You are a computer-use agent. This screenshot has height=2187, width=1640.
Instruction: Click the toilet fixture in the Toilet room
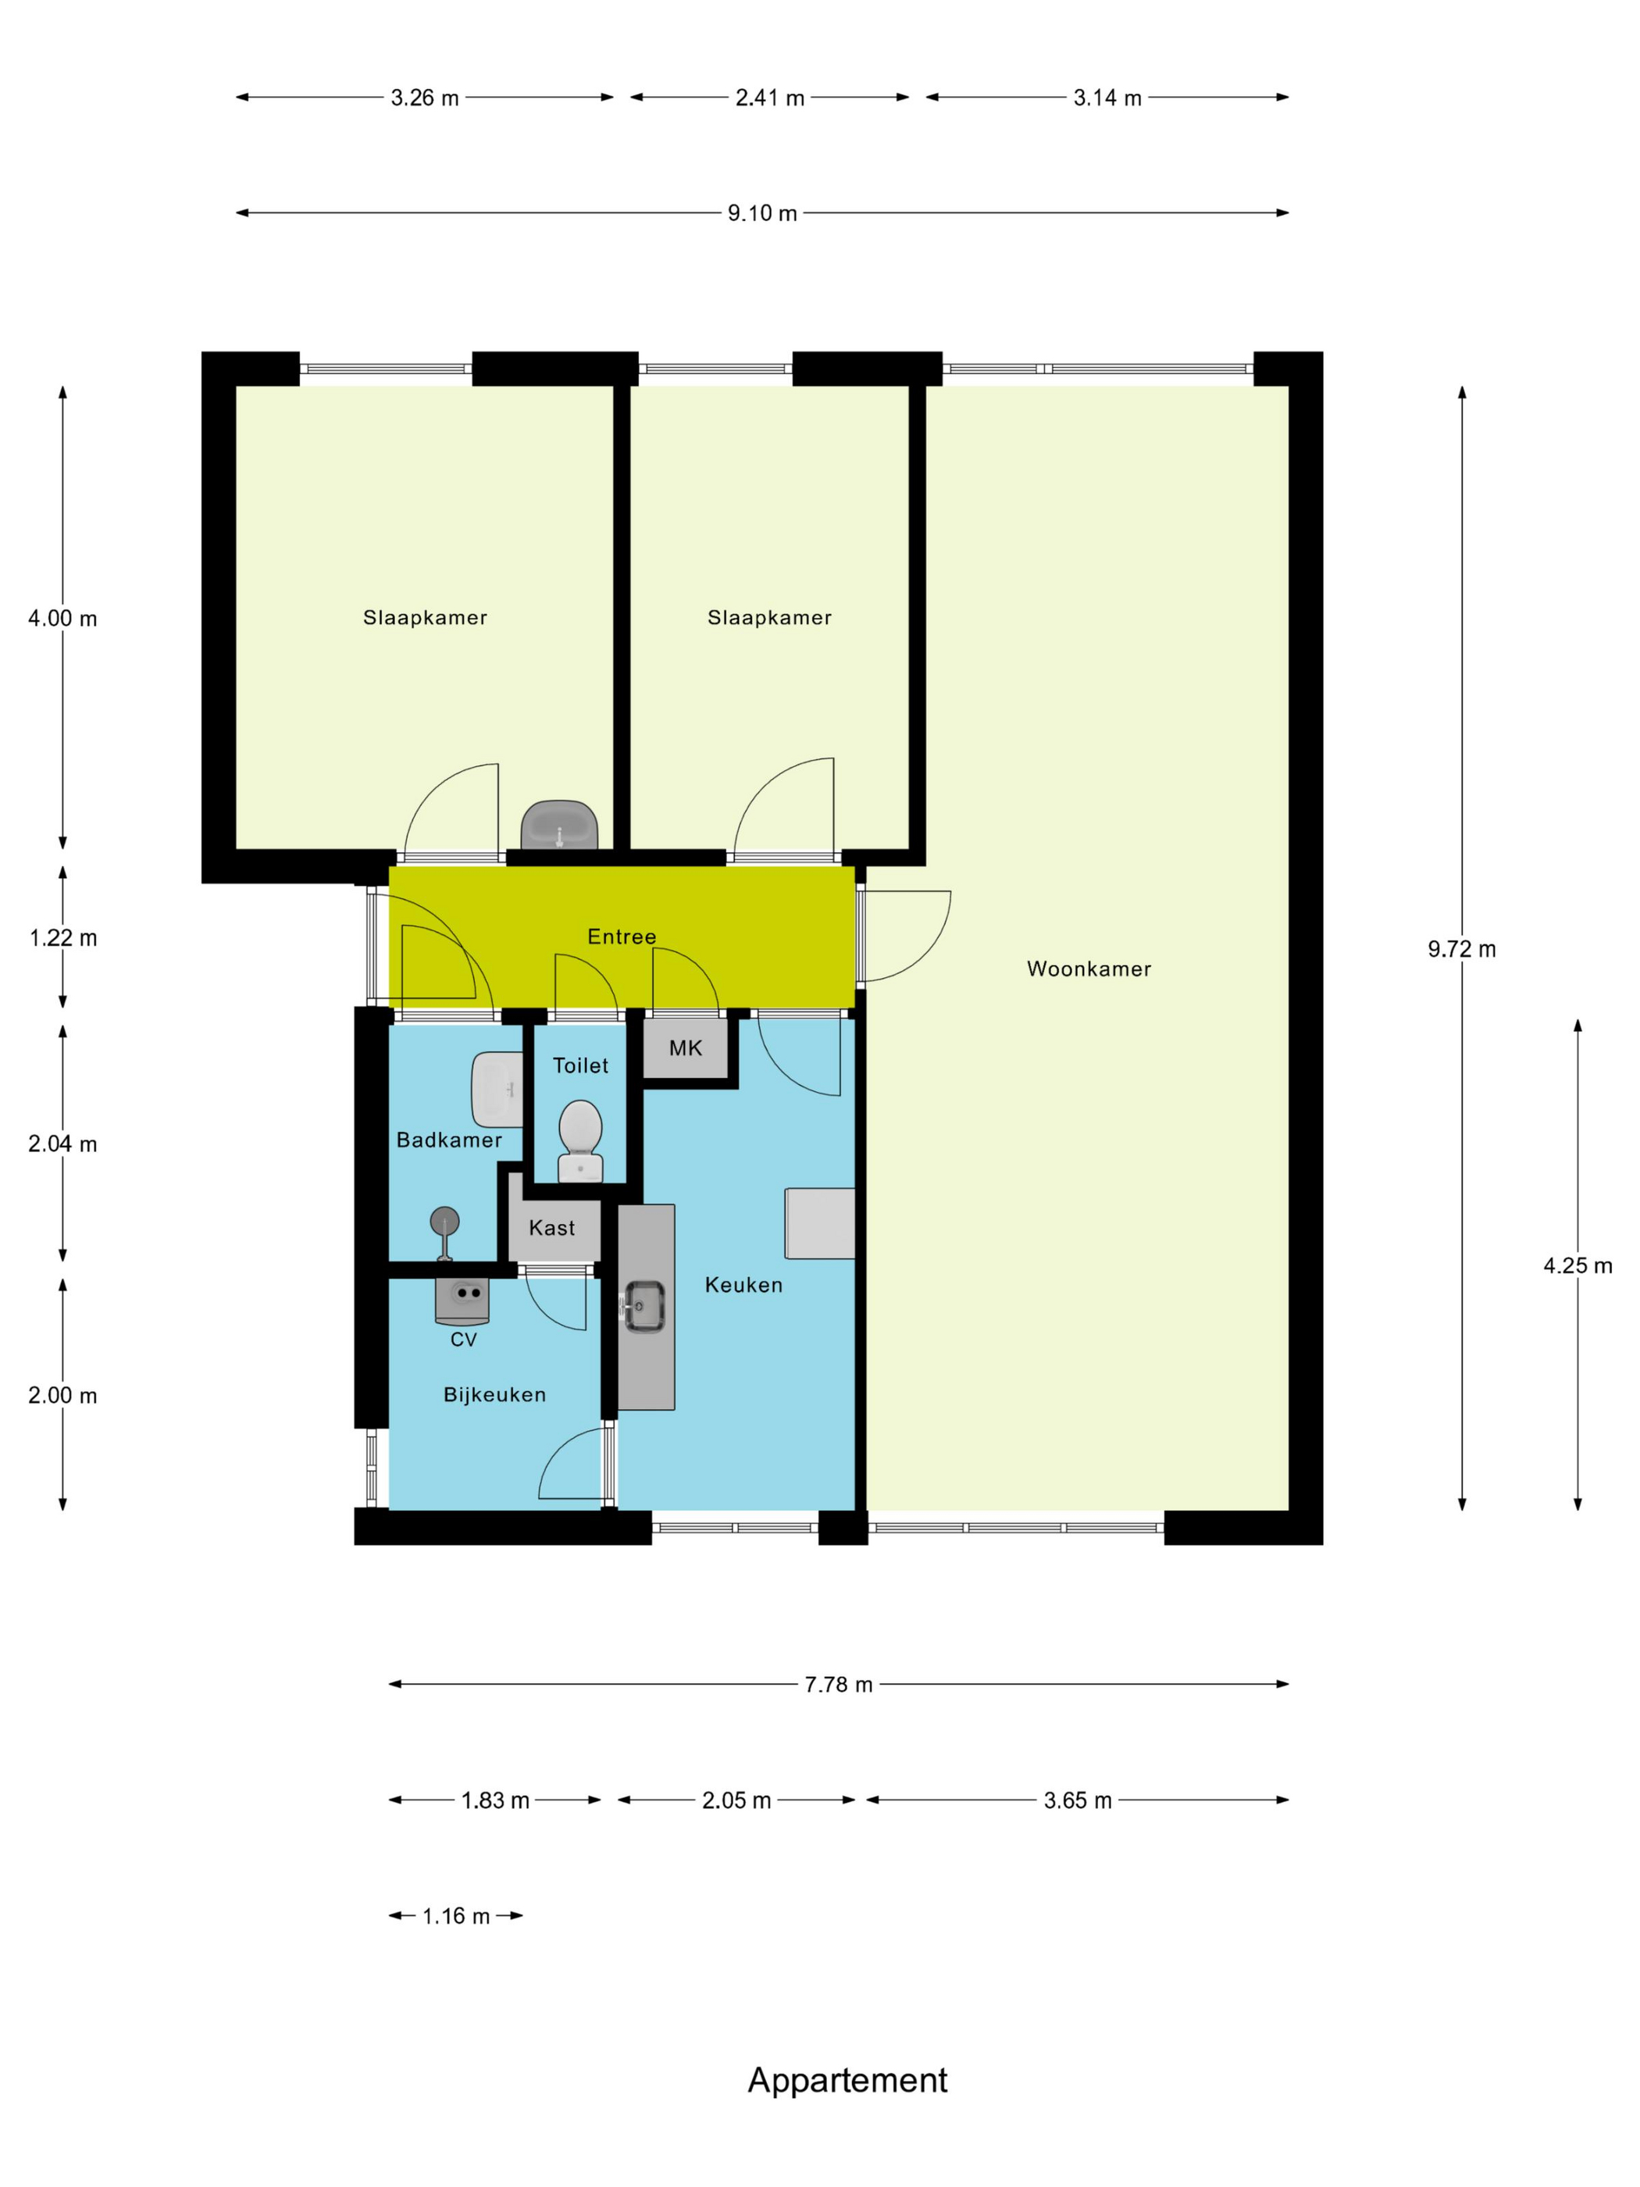(x=580, y=1141)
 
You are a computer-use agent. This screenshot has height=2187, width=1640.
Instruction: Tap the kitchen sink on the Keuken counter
(x=644, y=1306)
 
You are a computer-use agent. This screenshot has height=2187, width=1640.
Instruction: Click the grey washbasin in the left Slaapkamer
(x=559, y=825)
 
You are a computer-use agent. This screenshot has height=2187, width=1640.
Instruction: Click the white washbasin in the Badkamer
(x=497, y=1090)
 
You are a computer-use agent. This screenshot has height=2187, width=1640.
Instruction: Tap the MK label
(x=685, y=1048)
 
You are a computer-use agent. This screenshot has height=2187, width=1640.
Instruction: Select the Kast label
(x=551, y=1228)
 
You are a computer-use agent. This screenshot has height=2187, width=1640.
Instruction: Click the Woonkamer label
(x=1089, y=969)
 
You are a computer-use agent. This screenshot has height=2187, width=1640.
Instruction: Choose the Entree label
(x=622, y=937)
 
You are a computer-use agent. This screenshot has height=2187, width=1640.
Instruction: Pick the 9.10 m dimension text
(x=762, y=212)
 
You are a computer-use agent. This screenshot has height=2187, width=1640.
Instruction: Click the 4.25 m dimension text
(x=1578, y=1265)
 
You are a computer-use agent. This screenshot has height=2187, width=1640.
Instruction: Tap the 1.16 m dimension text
(x=456, y=1916)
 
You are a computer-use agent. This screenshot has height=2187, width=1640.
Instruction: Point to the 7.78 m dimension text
(x=838, y=1684)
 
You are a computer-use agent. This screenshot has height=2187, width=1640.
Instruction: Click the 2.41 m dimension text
(x=769, y=98)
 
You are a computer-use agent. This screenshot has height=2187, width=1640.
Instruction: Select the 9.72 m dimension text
(x=1461, y=949)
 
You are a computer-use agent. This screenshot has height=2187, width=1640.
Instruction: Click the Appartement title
(x=847, y=2080)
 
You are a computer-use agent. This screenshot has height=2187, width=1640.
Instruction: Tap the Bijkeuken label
(x=494, y=1395)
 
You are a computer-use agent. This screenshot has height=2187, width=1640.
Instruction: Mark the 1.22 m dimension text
(x=63, y=937)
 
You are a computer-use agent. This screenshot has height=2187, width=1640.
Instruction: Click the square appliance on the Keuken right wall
(x=819, y=1224)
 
